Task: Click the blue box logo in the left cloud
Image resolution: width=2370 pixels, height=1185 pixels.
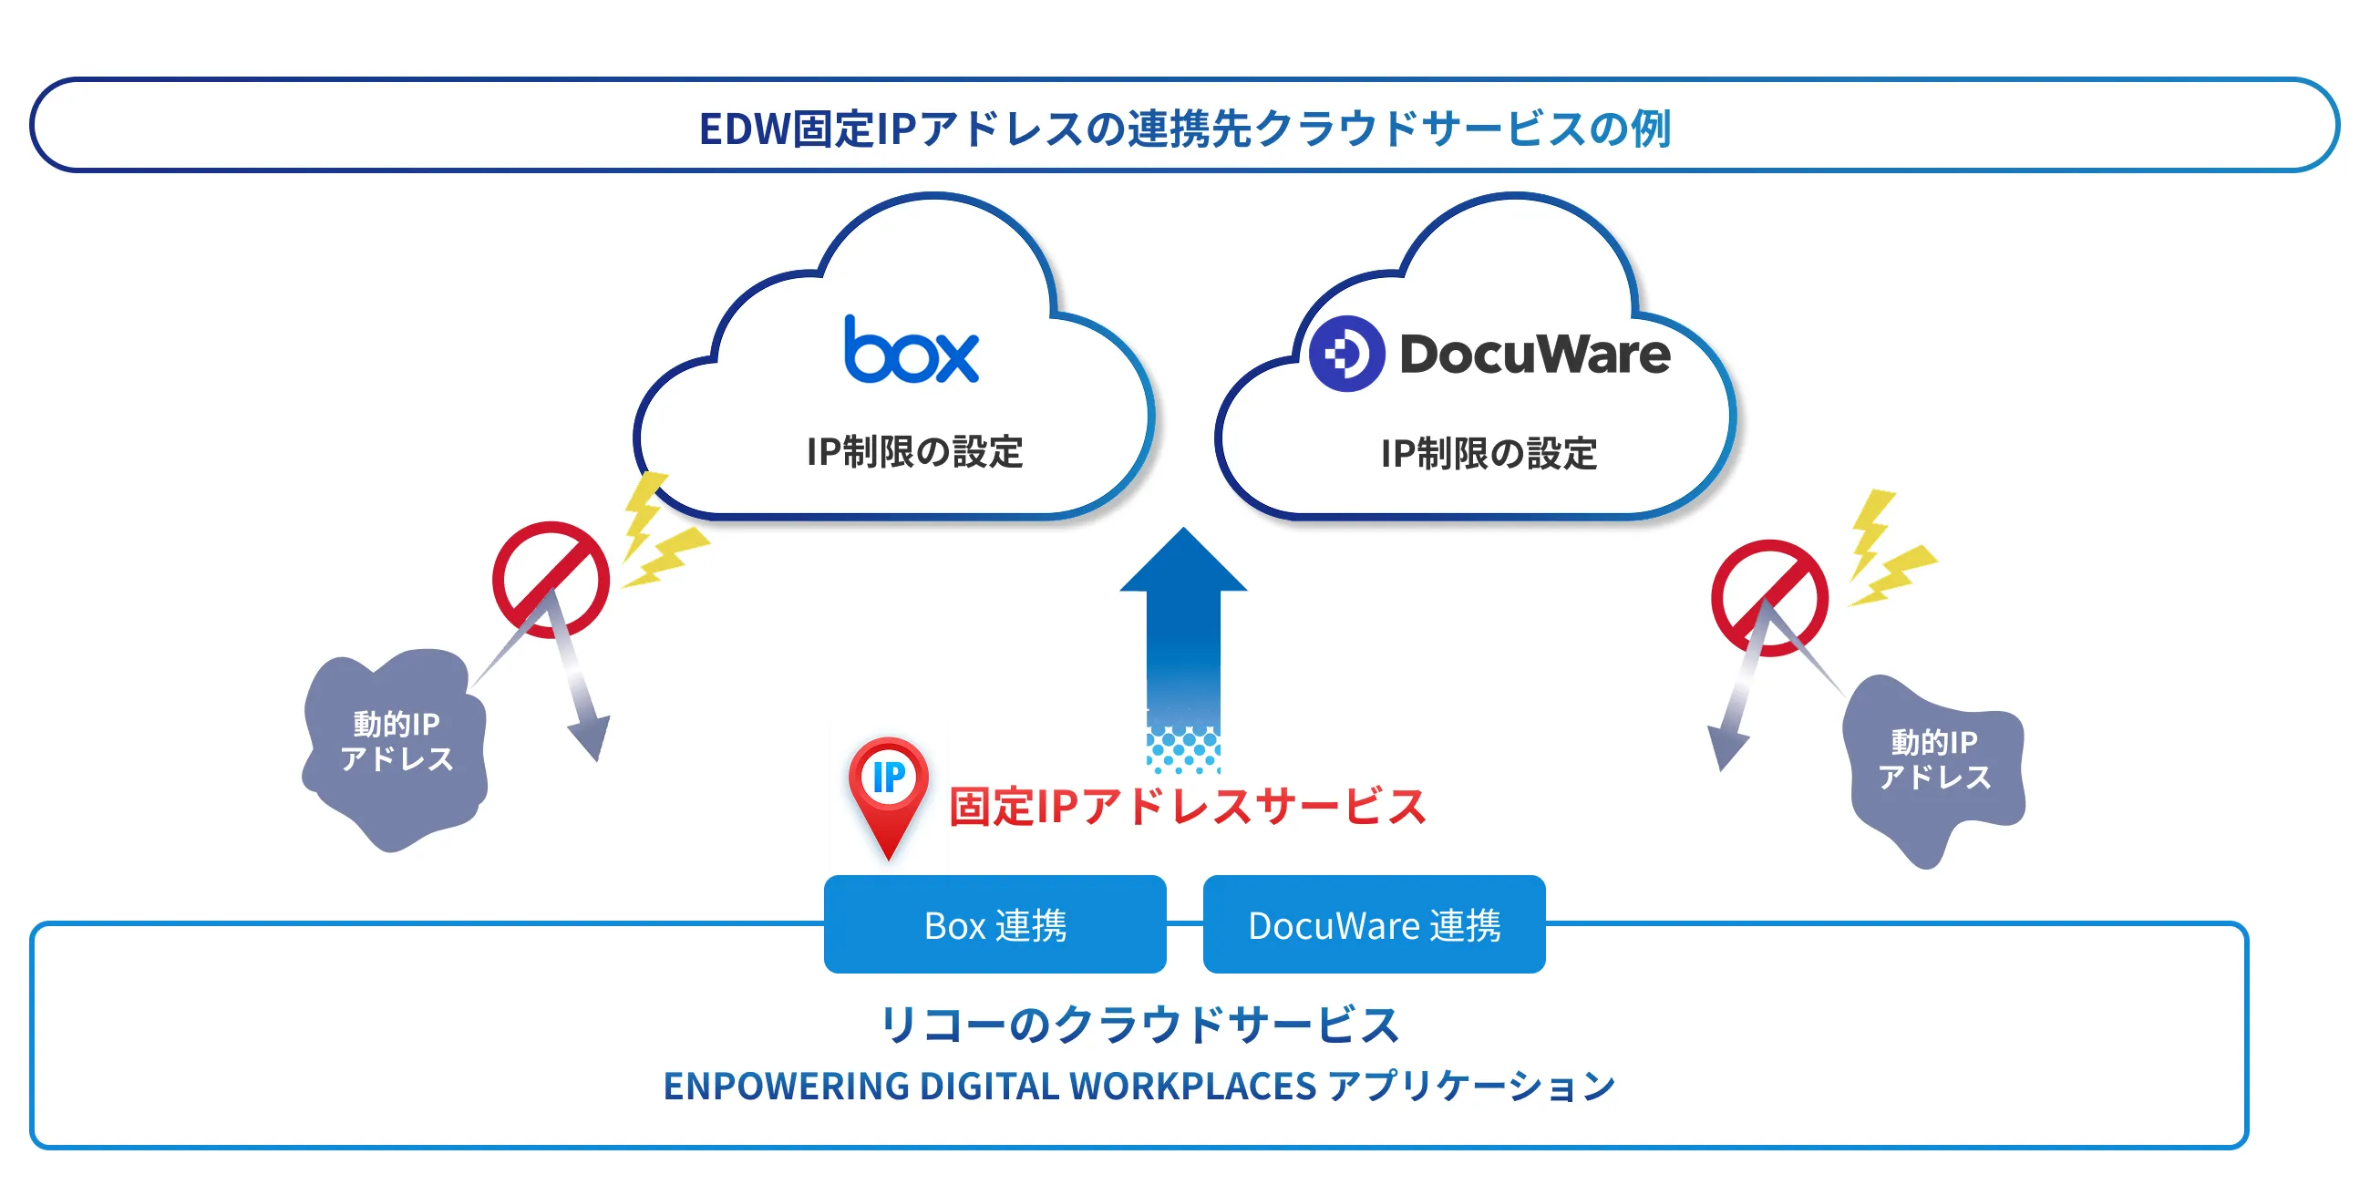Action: tap(911, 351)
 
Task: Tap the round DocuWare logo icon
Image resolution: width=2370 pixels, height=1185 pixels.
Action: tap(1346, 354)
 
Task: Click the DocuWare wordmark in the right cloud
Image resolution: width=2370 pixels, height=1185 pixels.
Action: tap(1534, 355)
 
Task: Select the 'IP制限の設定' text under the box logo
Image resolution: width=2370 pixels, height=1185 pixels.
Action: tap(913, 452)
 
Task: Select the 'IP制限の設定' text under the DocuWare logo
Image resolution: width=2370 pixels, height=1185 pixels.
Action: tap(1488, 454)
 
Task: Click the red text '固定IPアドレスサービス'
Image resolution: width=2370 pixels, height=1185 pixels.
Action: tap(1187, 807)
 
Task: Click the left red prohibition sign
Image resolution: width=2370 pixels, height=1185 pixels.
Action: tap(551, 579)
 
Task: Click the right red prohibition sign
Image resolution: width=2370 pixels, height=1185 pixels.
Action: tap(1768, 597)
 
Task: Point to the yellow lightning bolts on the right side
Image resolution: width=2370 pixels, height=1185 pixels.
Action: tap(1886, 552)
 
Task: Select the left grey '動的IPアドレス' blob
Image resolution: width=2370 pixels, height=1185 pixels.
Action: tap(396, 746)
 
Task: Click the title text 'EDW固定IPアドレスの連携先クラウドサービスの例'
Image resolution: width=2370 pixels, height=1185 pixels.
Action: tap(1184, 128)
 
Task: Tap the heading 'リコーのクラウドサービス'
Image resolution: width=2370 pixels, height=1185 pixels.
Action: tap(1139, 1025)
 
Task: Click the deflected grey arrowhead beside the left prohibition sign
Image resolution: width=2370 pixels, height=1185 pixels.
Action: tap(592, 736)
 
